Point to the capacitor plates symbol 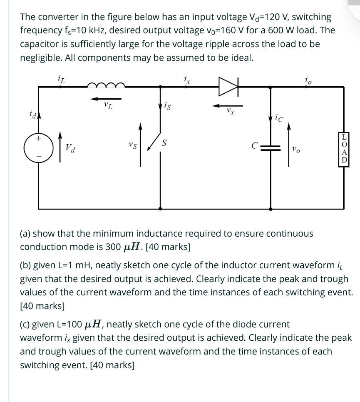tap(271, 146)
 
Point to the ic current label tap(278, 118)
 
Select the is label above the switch tap(167, 107)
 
